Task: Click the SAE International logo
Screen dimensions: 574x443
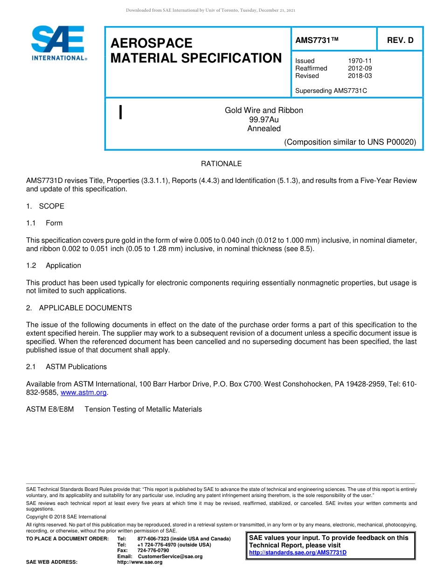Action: (x=58, y=43)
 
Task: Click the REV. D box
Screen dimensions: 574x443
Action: (x=400, y=40)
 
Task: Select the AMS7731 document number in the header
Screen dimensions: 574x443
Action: (x=317, y=40)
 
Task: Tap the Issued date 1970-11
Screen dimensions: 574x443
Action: (x=360, y=61)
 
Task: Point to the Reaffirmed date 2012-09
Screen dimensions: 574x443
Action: (x=360, y=68)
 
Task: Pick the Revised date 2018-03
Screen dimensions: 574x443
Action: (x=360, y=76)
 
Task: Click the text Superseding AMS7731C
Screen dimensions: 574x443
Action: (x=331, y=91)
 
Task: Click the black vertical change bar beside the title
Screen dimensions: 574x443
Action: (x=121, y=112)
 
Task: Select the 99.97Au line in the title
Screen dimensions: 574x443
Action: (x=264, y=119)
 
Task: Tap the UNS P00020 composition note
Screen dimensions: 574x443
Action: (x=350, y=142)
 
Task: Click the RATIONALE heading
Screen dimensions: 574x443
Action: (x=221, y=164)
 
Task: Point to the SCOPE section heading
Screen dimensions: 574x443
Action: (x=51, y=206)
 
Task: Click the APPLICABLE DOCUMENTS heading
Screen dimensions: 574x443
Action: (x=85, y=308)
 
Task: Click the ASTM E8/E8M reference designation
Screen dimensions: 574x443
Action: (x=50, y=409)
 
